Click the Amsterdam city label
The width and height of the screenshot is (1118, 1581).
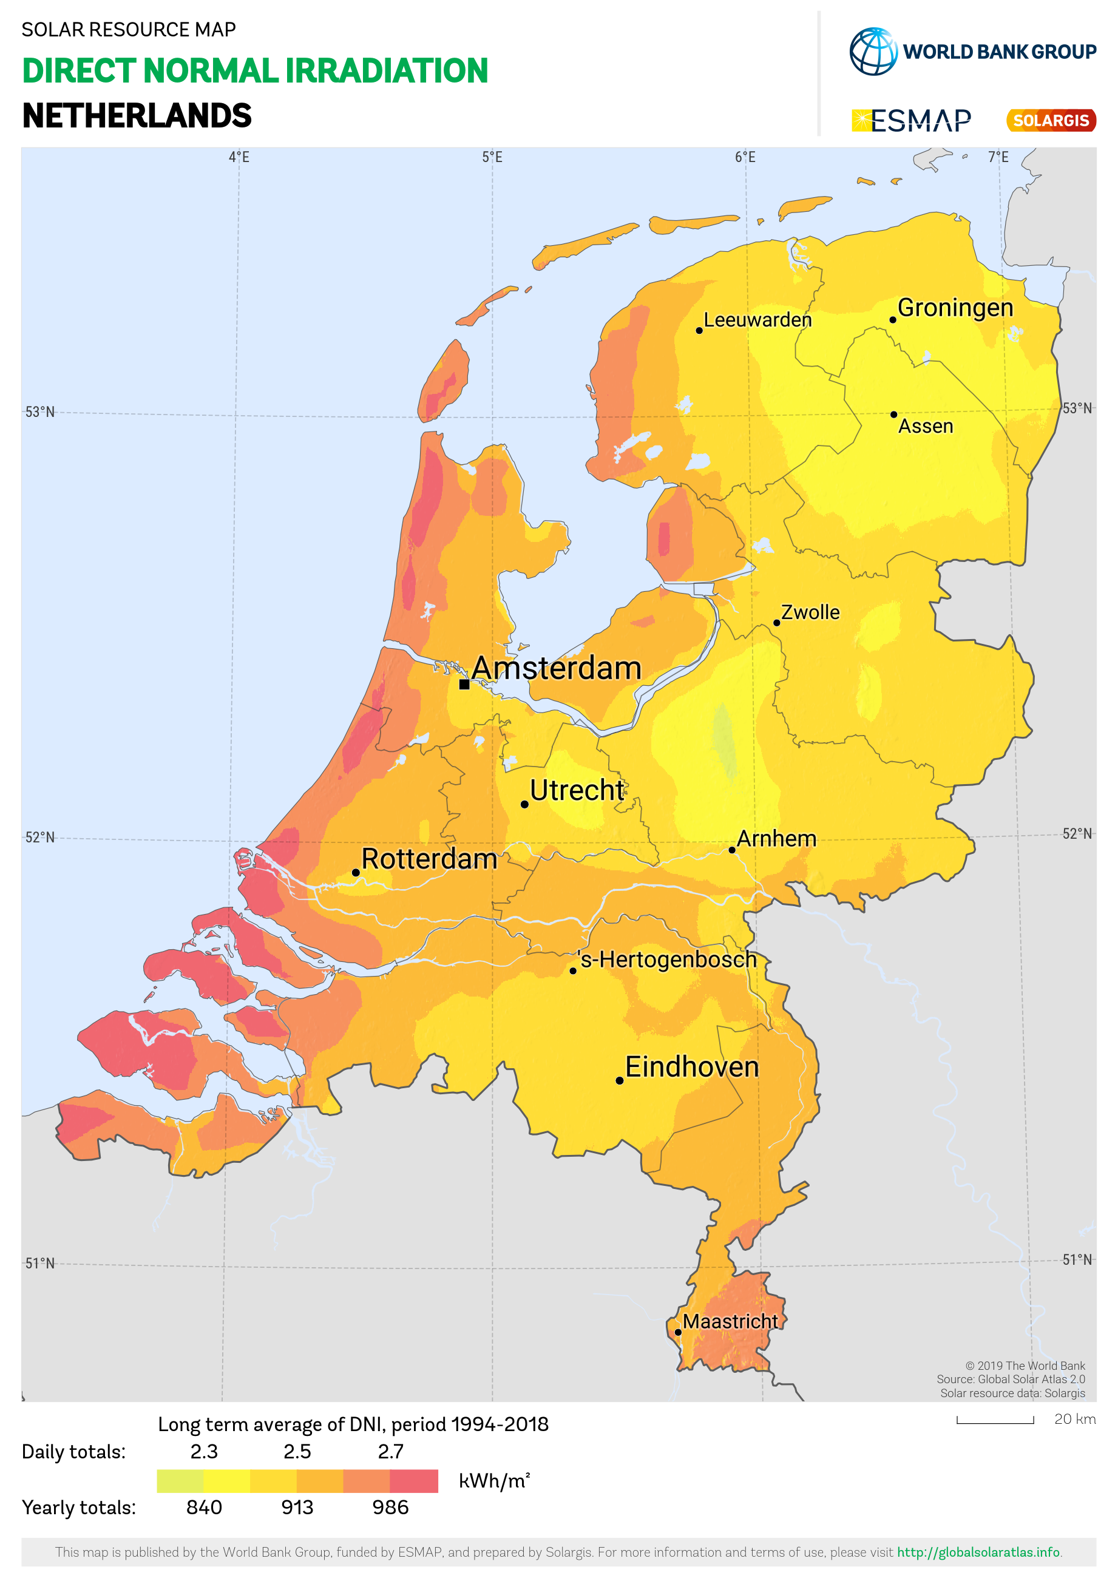[556, 668]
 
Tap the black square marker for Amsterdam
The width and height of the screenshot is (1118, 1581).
[465, 685]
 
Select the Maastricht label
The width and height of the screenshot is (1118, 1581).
[730, 1321]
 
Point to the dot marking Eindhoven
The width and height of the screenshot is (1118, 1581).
[620, 1080]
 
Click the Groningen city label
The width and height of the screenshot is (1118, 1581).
[955, 308]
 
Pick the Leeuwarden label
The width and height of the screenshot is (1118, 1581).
[757, 320]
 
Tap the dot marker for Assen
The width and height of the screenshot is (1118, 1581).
[893, 415]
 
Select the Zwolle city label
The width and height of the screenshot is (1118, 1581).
[810, 612]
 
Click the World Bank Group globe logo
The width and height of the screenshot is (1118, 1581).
[873, 52]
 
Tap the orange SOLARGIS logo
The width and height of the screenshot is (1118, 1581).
[1051, 121]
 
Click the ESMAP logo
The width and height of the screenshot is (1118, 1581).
[912, 121]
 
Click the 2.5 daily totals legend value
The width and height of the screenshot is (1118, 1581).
[297, 1452]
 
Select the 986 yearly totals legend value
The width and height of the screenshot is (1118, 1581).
[390, 1508]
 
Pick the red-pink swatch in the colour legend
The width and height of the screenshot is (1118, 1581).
[414, 1480]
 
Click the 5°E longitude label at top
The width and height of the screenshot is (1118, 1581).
[492, 157]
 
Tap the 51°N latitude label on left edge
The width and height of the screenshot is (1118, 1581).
[40, 1263]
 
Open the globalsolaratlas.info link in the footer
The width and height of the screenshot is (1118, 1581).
[978, 1552]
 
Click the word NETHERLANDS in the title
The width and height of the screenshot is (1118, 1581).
[137, 116]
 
